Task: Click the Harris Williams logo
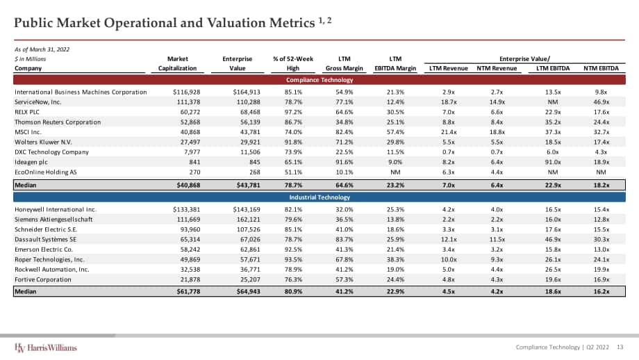(x=46, y=347)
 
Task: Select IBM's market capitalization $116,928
(x=186, y=92)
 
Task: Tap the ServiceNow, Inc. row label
(x=38, y=102)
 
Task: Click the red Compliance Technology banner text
(x=319, y=80)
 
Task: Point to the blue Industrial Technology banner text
(x=319, y=197)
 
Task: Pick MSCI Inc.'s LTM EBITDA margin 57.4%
(x=395, y=132)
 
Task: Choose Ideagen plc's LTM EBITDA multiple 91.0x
(x=553, y=162)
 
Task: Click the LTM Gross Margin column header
(x=345, y=64)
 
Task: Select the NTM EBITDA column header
(x=601, y=68)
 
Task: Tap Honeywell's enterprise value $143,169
(x=247, y=210)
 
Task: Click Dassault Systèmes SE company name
(x=45, y=239)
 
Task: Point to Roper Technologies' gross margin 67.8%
(x=345, y=259)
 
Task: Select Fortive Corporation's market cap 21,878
(x=190, y=279)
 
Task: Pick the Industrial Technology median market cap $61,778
(x=188, y=291)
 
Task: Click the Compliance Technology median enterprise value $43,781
(x=248, y=185)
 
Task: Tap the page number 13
(x=620, y=347)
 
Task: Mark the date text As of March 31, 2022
(x=42, y=49)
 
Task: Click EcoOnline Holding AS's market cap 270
(x=194, y=172)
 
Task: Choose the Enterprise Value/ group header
(x=524, y=58)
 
